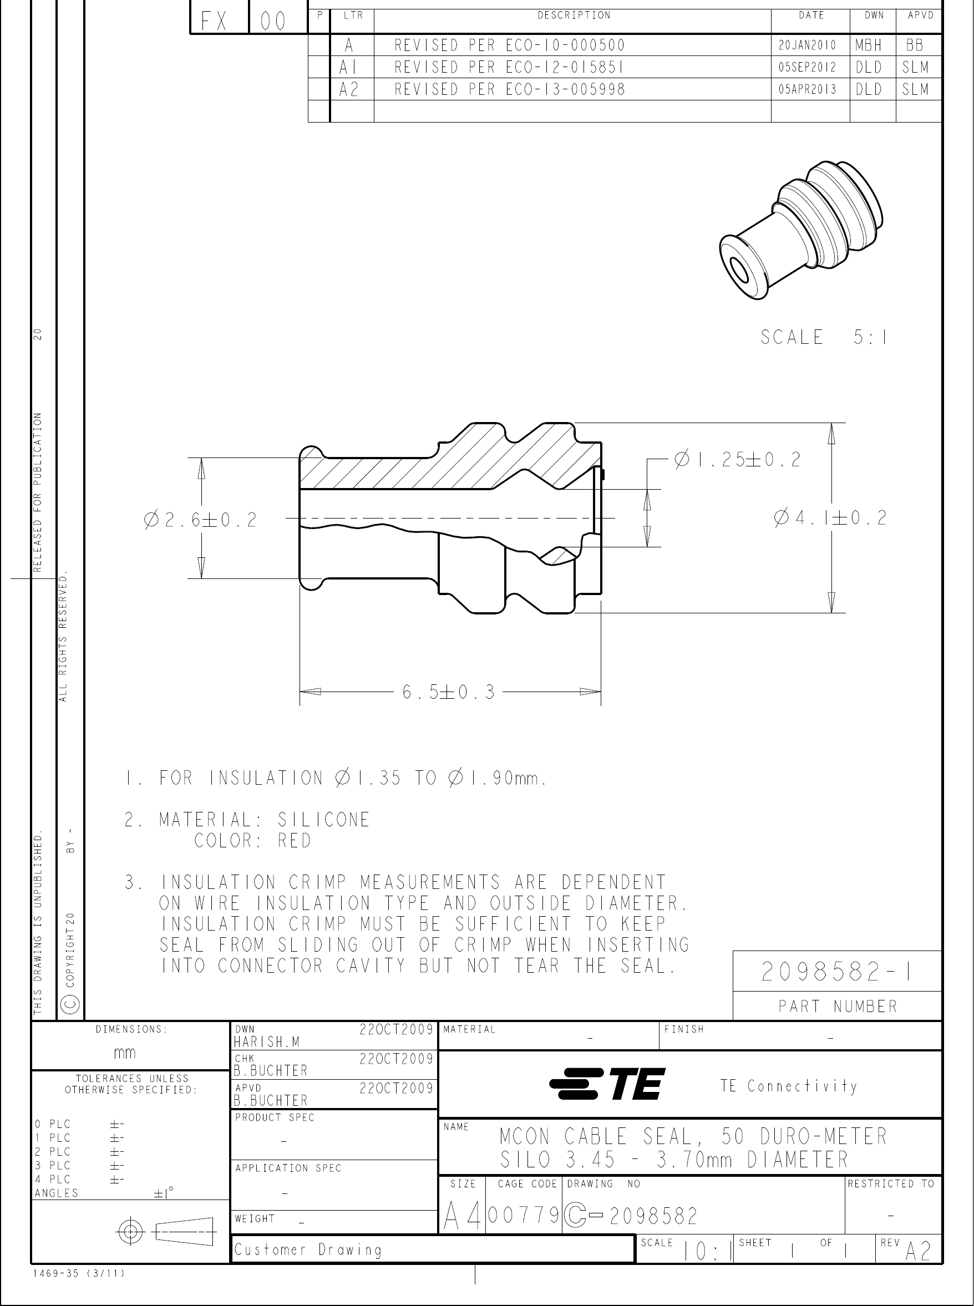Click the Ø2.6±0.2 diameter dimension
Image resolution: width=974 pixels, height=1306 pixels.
[200, 520]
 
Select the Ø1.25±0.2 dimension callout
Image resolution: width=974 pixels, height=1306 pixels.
[738, 460]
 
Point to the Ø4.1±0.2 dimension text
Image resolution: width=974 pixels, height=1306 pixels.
[830, 518]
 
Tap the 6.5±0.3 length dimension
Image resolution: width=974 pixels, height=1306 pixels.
[449, 692]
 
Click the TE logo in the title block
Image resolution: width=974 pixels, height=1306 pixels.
[607, 1084]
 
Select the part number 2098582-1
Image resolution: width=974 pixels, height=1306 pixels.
[836, 972]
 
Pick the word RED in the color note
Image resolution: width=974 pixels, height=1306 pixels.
[294, 840]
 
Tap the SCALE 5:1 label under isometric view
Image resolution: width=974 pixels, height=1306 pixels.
[824, 337]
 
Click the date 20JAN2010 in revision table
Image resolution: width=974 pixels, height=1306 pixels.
[807, 45]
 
